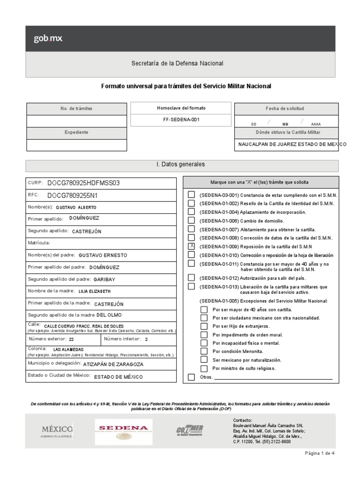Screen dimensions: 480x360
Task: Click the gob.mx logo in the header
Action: tap(47, 39)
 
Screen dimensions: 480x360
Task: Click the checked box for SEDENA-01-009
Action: tap(191, 246)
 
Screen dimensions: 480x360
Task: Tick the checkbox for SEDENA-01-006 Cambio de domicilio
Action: tap(191, 220)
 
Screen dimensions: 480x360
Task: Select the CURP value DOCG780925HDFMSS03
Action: tap(83, 183)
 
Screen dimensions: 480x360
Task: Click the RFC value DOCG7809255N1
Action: tap(72, 195)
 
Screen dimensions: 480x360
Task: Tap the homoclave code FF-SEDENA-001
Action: tap(181, 120)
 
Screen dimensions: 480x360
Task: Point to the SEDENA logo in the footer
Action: tap(123, 429)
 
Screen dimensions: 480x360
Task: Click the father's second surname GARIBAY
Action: tap(105, 279)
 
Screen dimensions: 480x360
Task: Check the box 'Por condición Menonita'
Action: tap(204, 351)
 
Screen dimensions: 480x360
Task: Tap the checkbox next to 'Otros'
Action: tap(191, 377)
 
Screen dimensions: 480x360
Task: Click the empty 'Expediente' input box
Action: tap(76, 145)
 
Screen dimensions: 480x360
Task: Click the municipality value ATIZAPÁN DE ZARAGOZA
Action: tap(113, 364)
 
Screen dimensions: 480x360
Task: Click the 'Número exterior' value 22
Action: tap(71, 339)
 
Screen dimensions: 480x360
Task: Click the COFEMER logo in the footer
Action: tap(189, 429)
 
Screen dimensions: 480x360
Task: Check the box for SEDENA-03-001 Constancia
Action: tap(191, 195)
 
